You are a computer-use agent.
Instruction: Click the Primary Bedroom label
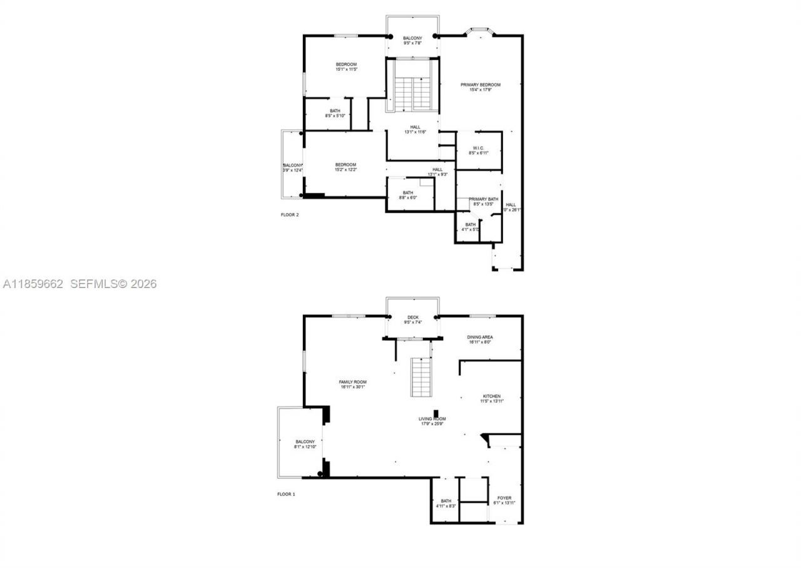(x=481, y=85)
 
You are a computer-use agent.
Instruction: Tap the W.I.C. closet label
(x=478, y=148)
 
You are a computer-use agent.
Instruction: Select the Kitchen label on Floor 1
(x=491, y=396)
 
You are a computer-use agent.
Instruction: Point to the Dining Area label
(x=480, y=338)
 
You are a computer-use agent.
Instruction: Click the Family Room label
(x=352, y=382)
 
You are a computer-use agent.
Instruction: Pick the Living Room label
(x=432, y=419)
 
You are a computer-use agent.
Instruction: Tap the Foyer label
(x=504, y=498)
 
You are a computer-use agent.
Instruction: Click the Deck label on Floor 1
(x=413, y=318)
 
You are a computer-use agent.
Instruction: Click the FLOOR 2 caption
(x=290, y=215)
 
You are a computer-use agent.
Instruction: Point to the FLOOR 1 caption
(x=286, y=494)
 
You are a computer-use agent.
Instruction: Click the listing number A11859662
(x=33, y=284)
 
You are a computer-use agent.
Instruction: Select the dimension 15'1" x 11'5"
(x=346, y=70)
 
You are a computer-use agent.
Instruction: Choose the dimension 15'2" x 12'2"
(x=345, y=170)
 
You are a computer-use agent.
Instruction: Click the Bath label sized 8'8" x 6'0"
(x=408, y=193)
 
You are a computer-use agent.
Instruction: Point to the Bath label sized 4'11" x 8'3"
(x=446, y=501)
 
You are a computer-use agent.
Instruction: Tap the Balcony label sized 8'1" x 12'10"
(x=305, y=441)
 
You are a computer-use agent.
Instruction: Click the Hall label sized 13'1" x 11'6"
(x=416, y=127)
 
